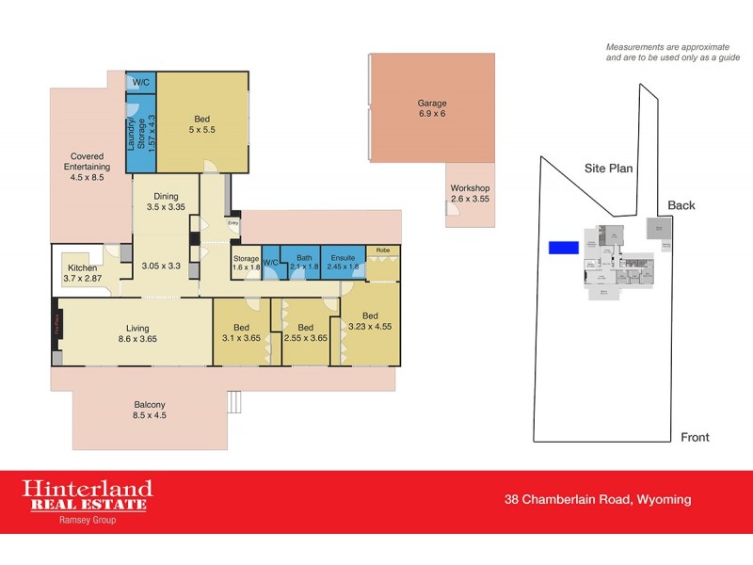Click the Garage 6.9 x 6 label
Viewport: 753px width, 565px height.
(x=432, y=108)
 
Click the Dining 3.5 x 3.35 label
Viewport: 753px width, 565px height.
(x=166, y=201)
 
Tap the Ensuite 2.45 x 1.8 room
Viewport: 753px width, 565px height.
(x=343, y=261)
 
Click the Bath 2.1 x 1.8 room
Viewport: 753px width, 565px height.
(x=303, y=261)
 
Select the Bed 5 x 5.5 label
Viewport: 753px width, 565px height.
(x=202, y=123)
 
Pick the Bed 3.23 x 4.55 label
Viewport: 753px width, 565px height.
(x=369, y=321)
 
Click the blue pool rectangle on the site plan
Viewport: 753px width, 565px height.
(x=563, y=248)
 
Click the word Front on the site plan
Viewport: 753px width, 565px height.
(x=695, y=437)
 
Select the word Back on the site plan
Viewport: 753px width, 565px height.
(x=681, y=205)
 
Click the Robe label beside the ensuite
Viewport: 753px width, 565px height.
(x=382, y=250)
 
